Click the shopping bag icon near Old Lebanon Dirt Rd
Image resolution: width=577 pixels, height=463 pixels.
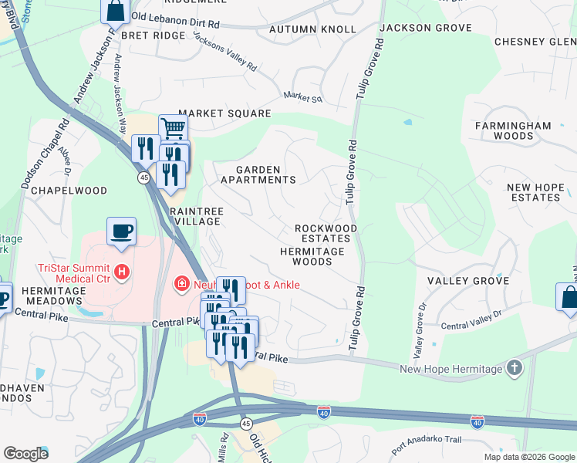pos(115,11)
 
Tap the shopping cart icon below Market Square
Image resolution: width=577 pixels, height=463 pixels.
pos(173,128)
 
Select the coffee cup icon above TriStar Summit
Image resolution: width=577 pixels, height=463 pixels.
pos(122,231)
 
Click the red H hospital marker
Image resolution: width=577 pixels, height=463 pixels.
pos(121,272)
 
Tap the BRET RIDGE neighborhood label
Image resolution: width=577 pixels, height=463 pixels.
pos(153,35)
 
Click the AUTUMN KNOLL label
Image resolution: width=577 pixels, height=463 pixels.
pos(312,29)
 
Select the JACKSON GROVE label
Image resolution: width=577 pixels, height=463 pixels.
pos(426,28)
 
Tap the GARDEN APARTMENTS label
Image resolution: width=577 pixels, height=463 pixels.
pos(258,174)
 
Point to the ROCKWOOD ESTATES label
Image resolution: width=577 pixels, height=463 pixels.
pos(326,233)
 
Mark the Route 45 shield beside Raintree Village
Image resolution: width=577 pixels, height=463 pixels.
pos(143,177)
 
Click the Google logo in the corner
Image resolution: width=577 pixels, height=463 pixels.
pos(25,454)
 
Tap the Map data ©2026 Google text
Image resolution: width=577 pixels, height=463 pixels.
pos(528,457)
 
